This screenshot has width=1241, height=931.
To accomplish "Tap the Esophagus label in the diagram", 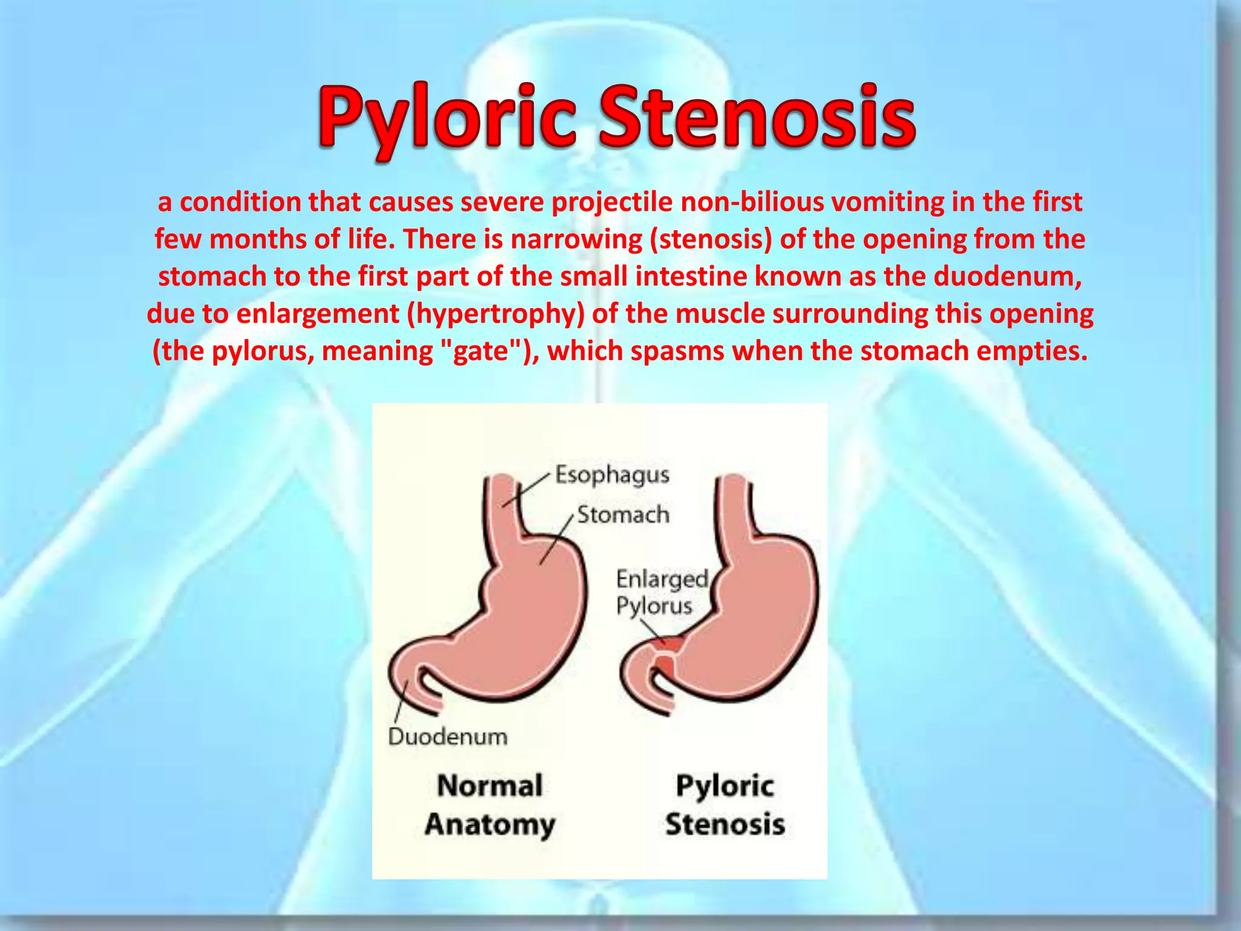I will pos(612,475).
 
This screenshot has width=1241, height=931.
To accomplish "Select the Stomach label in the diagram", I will pos(623,515).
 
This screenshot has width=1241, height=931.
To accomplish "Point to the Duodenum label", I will pos(448,736).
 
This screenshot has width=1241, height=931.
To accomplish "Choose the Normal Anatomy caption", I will pos(490,805).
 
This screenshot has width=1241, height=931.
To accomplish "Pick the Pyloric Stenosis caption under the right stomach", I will pos(725,805).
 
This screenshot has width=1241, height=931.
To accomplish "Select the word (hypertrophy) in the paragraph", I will pos(495,314).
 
